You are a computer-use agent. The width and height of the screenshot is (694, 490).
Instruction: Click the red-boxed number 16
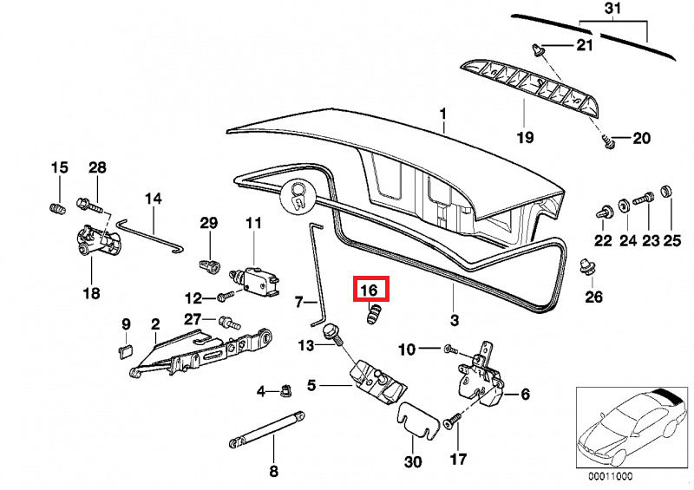point(369,289)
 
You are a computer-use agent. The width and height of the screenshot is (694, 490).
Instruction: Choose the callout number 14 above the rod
point(154,199)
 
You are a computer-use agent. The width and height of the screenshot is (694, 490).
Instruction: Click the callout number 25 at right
point(671,240)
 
